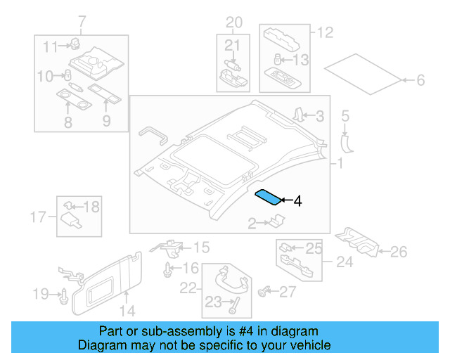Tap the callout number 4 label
pyautogui.click(x=297, y=202)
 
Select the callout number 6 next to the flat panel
pyautogui.click(x=420, y=81)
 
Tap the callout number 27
pyautogui.click(x=288, y=291)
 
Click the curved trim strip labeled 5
pyautogui.click(x=346, y=141)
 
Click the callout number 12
pyautogui.click(x=324, y=32)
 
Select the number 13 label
pyautogui.click(x=300, y=60)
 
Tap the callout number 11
pyautogui.click(x=50, y=47)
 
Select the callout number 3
pyautogui.click(x=319, y=116)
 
